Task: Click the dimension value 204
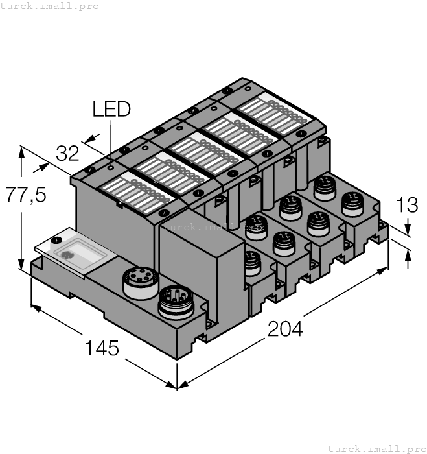285,329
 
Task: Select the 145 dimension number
102,348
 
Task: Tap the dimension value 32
67,154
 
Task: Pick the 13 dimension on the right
406,206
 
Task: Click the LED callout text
111,108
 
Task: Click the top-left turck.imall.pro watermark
50,6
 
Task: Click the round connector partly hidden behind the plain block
252,261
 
